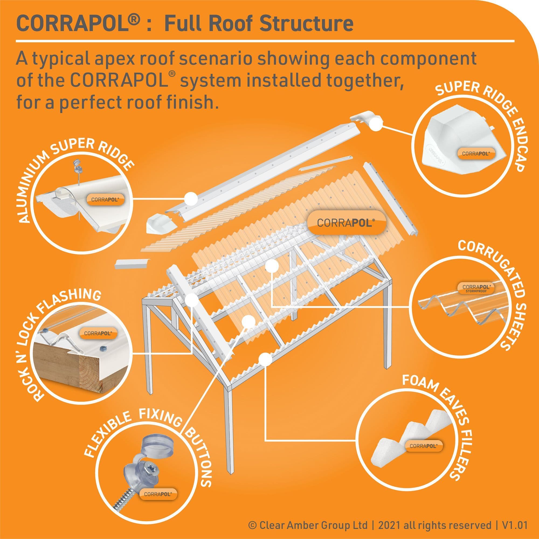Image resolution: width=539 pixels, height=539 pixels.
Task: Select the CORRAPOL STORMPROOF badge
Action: click(x=476, y=288)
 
